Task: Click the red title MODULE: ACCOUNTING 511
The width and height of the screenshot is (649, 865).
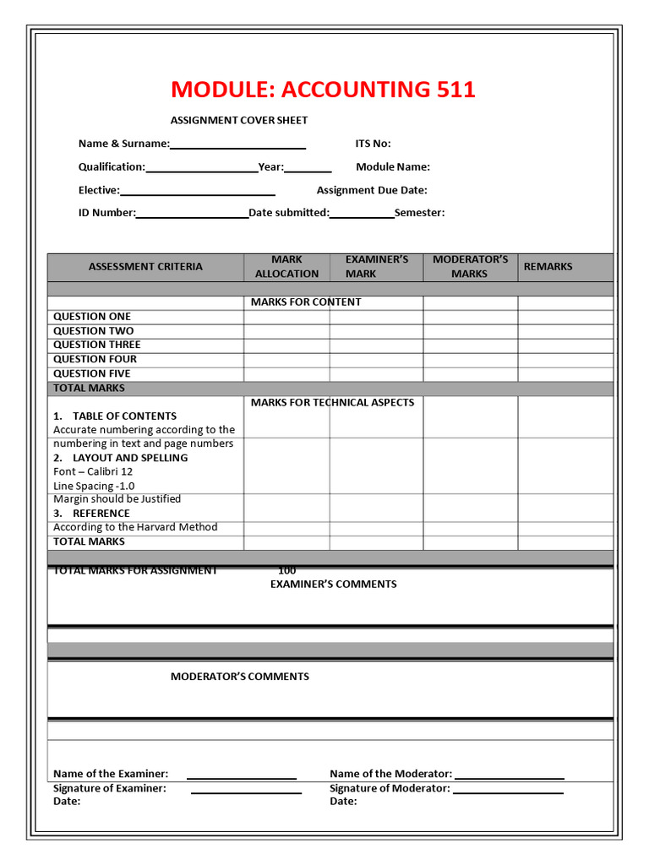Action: (323, 90)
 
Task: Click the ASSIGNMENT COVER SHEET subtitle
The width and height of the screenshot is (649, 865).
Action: (239, 121)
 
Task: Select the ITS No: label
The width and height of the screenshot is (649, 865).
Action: (373, 144)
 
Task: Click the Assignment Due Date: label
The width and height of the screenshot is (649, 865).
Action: (372, 190)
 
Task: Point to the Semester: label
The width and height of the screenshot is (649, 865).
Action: (419, 213)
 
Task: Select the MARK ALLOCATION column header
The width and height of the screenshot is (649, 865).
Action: (286, 266)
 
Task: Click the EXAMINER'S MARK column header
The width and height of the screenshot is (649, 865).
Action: (376, 266)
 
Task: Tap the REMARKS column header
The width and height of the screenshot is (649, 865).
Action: (548, 266)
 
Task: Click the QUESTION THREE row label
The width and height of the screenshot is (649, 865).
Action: (96, 345)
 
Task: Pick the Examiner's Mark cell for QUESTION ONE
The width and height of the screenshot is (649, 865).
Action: (376, 317)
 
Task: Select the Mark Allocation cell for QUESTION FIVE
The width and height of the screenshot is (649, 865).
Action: (286, 373)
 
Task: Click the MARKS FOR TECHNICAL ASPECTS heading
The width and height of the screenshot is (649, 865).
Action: (332, 403)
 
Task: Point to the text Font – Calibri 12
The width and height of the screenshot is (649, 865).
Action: (93, 471)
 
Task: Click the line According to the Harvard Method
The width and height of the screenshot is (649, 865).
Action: (135, 527)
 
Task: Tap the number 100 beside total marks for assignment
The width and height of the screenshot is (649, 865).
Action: (286, 570)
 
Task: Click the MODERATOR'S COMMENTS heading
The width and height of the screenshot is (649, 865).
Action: (240, 677)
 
